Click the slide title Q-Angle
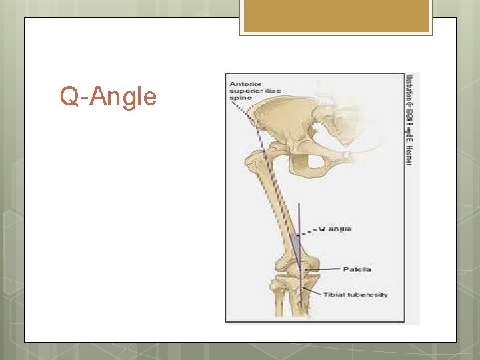(x=108, y=97)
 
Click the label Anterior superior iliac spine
(x=255, y=90)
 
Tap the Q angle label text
(x=335, y=229)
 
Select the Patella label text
(x=357, y=269)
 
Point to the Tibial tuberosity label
(x=355, y=294)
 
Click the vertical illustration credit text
(x=409, y=120)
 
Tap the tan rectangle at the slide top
(x=336, y=15)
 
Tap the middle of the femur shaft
(x=277, y=213)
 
